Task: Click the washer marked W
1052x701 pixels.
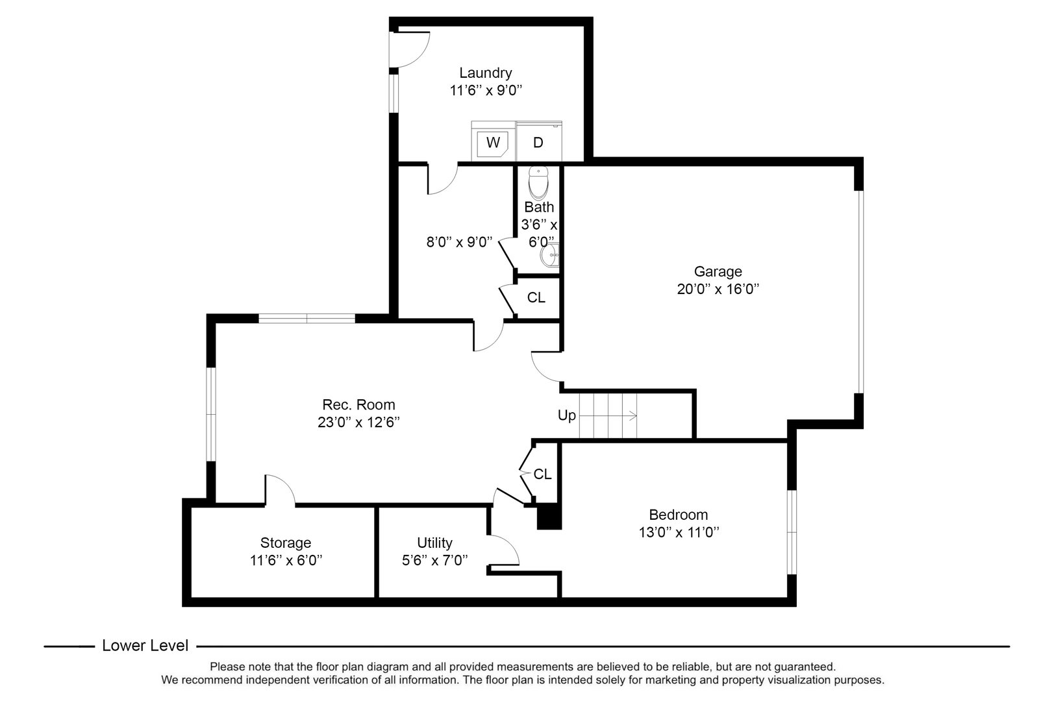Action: pos(493,141)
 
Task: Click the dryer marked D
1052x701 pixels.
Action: pos(538,141)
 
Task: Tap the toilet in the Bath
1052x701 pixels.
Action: pos(538,183)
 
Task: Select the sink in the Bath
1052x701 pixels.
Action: pos(549,255)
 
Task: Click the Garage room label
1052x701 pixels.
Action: pos(718,271)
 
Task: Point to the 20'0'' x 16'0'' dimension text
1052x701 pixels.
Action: pos(718,289)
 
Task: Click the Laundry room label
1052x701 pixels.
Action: pos(486,73)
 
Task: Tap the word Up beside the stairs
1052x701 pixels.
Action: pos(567,415)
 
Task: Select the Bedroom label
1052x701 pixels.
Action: pos(678,515)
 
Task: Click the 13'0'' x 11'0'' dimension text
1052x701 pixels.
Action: pos(678,533)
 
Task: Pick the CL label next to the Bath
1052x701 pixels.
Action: pos(536,298)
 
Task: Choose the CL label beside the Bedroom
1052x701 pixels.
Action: pos(542,474)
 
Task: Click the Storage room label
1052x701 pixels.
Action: pos(286,543)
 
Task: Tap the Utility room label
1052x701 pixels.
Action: pos(434,543)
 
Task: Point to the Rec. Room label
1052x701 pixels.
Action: pos(358,404)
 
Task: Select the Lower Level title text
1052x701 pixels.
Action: pos(145,646)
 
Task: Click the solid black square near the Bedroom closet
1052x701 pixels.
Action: pos(549,517)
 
